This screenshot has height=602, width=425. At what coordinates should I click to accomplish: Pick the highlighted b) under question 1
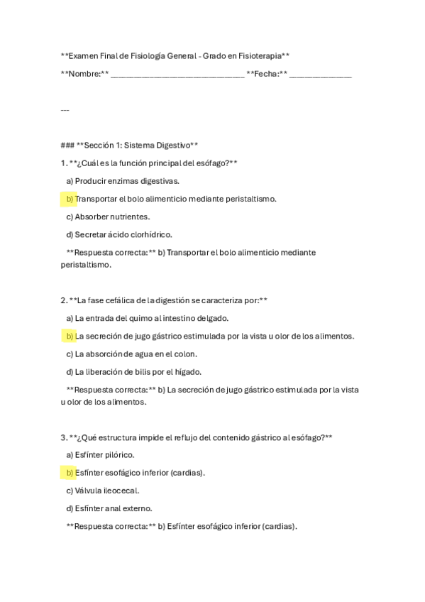(69, 199)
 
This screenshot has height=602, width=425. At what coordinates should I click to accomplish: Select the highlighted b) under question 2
(69, 336)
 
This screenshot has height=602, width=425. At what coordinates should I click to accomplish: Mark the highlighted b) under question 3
(69, 472)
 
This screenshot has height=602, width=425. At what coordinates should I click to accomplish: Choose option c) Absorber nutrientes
(107, 217)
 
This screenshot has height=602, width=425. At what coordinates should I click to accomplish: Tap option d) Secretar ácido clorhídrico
(118, 234)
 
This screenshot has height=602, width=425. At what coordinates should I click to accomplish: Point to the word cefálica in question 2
(114, 300)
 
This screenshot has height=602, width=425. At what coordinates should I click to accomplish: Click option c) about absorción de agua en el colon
(131, 354)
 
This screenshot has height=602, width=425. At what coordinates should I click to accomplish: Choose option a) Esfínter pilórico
(100, 454)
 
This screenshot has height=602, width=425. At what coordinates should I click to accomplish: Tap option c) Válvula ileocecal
(102, 490)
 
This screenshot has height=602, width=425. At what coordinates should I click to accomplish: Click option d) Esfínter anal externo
(109, 508)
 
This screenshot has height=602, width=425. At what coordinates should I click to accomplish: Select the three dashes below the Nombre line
(65, 110)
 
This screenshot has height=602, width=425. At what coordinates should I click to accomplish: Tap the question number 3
(63, 437)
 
